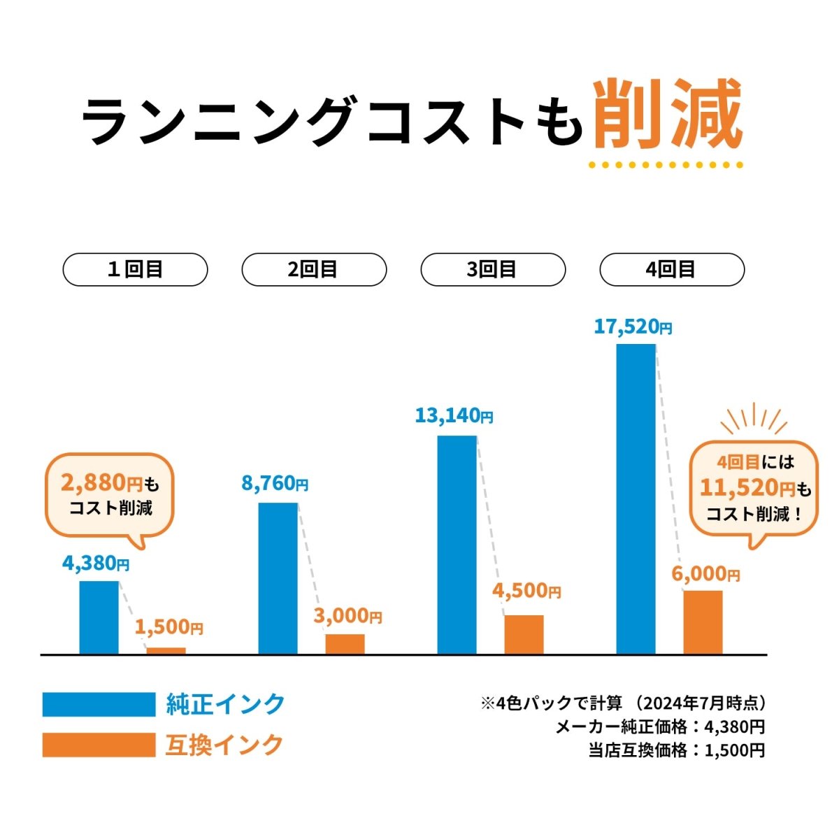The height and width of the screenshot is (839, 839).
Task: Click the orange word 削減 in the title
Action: pos(668,115)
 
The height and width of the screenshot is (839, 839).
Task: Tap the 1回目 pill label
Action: pos(135,270)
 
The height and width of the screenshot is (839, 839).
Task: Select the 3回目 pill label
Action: pos(492,270)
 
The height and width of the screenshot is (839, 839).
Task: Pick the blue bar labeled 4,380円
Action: pos(99,617)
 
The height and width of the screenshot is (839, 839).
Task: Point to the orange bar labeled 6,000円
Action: pos(703,622)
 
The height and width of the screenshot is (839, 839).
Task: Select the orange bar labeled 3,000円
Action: pos(345,644)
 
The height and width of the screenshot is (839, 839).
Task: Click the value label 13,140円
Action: pos(454,417)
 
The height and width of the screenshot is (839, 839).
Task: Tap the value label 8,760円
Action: pos(275,484)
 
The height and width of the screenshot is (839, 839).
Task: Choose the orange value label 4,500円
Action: pos(526,591)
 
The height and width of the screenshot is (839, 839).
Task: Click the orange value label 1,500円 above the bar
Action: pos(168,628)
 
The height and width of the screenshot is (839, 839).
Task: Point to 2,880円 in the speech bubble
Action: pos(101,482)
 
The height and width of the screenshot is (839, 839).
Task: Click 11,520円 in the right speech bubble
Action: pos(747,487)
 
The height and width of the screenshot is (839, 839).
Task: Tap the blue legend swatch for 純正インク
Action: pos(99,704)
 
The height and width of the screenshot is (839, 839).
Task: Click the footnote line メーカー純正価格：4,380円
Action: pos(659,727)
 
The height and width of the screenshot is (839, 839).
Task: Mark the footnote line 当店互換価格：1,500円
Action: pos(676,751)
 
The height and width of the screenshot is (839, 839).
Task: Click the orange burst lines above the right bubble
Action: pos(754,419)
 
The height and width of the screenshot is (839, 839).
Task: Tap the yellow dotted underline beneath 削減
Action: pos(665,166)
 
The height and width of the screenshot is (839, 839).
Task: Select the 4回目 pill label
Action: pos(671,270)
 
